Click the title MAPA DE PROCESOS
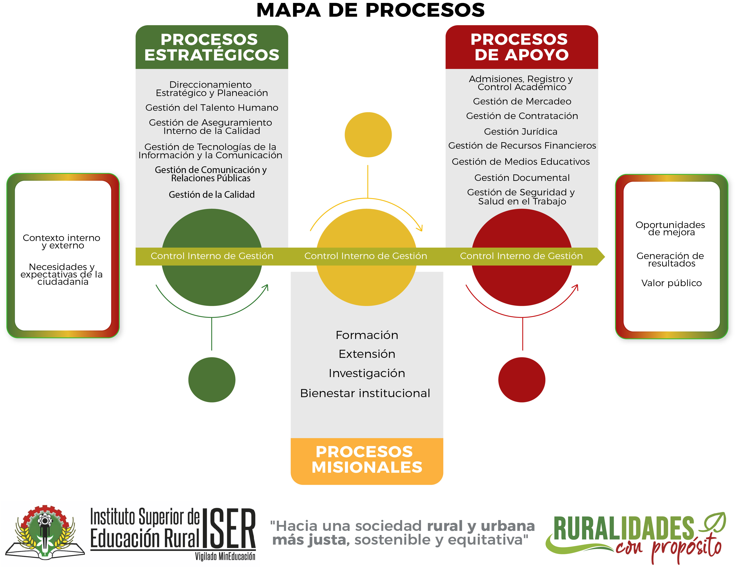(x=370, y=10)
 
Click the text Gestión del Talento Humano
(x=212, y=108)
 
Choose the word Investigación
(x=367, y=373)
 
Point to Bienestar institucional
(x=365, y=393)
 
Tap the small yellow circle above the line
(x=368, y=135)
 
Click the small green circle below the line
(x=212, y=380)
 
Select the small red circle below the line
(x=522, y=380)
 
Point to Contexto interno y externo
(x=62, y=241)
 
